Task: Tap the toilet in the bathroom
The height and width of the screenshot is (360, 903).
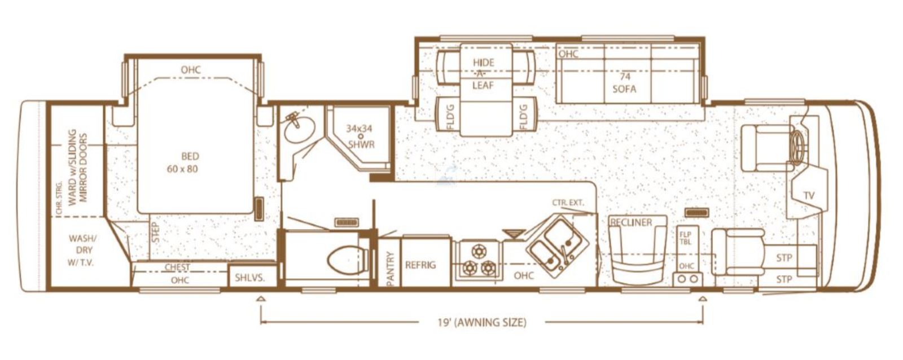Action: (347, 261)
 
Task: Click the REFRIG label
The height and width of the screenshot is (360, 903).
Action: (420, 265)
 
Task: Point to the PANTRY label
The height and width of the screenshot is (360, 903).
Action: (390, 269)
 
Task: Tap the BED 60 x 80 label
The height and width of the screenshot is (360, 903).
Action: (183, 162)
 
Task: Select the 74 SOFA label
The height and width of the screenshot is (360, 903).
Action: (624, 82)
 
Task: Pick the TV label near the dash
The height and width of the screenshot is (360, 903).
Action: (809, 196)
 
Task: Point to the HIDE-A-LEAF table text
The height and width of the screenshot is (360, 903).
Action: (483, 74)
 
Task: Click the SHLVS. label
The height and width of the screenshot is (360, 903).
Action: (250, 278)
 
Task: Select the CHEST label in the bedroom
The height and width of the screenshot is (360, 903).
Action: (177, 267)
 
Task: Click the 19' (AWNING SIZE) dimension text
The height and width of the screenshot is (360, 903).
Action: (482, 323)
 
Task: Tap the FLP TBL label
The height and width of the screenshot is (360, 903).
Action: (685, 238)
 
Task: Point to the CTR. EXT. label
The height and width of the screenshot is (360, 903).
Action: (568, 203)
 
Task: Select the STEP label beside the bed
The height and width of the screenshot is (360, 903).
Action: (156, 232)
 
